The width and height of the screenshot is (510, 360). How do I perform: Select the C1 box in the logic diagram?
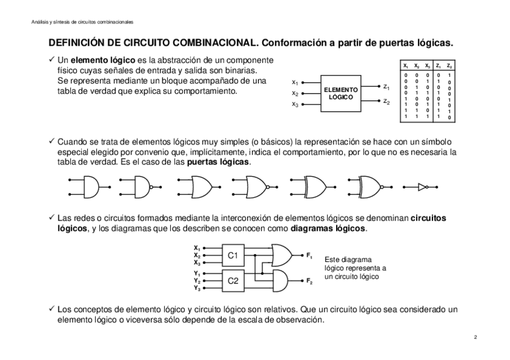point(233,255)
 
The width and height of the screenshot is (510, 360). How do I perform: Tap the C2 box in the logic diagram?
point(233,281)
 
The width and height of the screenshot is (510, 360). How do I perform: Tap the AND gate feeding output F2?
point(280,280)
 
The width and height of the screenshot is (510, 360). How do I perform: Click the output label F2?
point(309,281)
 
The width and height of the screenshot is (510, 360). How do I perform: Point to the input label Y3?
point(197,288)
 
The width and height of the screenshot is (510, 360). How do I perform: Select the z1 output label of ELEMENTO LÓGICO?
point(386,87)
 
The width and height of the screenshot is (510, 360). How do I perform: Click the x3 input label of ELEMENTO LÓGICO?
point(295,105)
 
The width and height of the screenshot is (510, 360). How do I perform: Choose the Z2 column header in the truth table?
point(449,65)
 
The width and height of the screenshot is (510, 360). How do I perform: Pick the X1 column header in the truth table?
point(406,65)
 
